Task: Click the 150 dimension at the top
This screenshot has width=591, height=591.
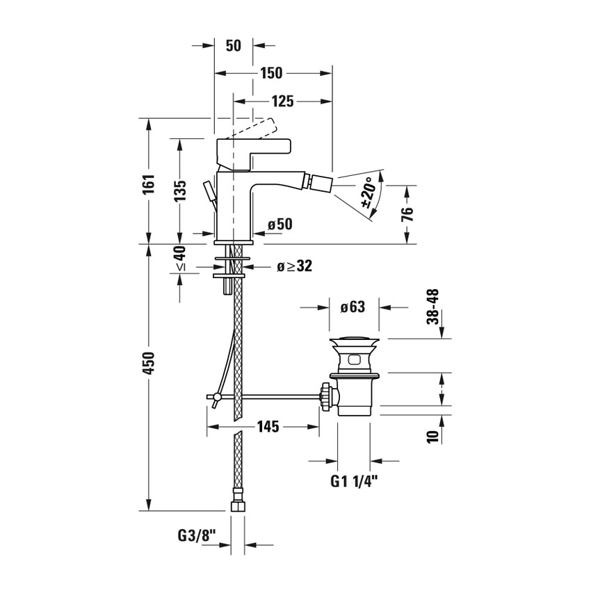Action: pyautogui.click(x=272, y=73)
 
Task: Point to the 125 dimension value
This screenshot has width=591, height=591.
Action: pyautogui.click(x=281, y=102)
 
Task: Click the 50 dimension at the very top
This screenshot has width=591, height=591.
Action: pyautogui.click(x=233, y=46)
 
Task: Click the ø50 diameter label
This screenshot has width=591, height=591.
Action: pyautogui.click(x=280, y=225)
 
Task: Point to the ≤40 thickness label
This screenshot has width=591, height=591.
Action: pyautogui.click(x=180, y=259)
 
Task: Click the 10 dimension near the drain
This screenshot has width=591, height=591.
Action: pyautogui.click(x=432, y=436)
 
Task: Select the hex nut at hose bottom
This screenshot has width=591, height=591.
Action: pyautogui.click(x=238, y=502)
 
